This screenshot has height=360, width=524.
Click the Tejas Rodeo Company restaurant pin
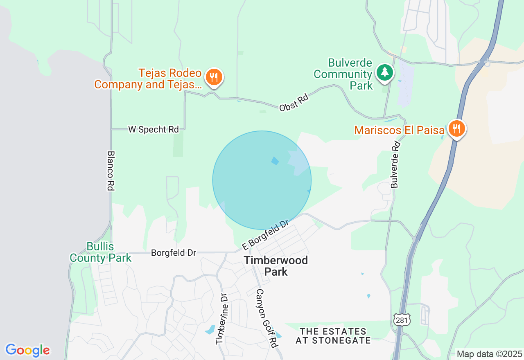214,77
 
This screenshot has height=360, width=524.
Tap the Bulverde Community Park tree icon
384,72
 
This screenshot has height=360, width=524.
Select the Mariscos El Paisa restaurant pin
456,129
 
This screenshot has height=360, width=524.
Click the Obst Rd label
294,103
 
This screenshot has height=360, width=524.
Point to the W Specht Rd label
154,130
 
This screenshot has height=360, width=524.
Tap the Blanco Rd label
110,171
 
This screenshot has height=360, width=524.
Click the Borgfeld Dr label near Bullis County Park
174,253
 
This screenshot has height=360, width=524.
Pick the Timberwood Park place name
276,266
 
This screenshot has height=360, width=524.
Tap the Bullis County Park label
101,252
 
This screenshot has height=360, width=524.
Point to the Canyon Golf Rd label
266,318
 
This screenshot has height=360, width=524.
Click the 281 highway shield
402,320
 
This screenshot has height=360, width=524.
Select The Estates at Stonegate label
333,336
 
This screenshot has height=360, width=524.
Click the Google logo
27,350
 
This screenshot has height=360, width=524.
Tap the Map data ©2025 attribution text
489,354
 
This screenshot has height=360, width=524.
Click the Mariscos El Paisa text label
399,130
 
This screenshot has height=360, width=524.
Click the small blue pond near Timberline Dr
210,329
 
